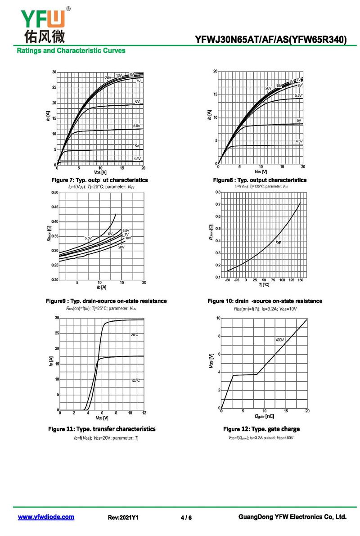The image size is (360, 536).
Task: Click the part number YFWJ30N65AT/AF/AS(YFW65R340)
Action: pos(271,40)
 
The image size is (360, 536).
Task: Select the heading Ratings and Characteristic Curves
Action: pos(71,50)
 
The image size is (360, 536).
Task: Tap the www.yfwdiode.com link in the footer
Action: pos(46,517)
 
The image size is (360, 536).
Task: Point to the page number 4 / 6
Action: pos(186,518)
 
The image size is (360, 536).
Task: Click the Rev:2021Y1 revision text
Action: pos(122,518)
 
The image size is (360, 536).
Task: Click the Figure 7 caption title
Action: pos(99,180)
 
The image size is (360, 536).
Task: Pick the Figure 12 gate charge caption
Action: pos(261,429)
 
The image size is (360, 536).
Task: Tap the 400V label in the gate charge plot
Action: pos(279,340)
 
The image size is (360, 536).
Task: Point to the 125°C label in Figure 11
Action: pos(135,380)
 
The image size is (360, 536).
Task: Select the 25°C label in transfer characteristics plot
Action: pos(135,335)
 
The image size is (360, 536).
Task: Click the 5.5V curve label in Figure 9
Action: pos(88,238)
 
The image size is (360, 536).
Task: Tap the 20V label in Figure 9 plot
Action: pos(121,247)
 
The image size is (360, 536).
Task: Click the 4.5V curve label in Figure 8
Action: pos(299,141)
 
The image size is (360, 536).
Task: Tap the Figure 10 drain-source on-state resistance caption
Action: pos(265,301)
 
